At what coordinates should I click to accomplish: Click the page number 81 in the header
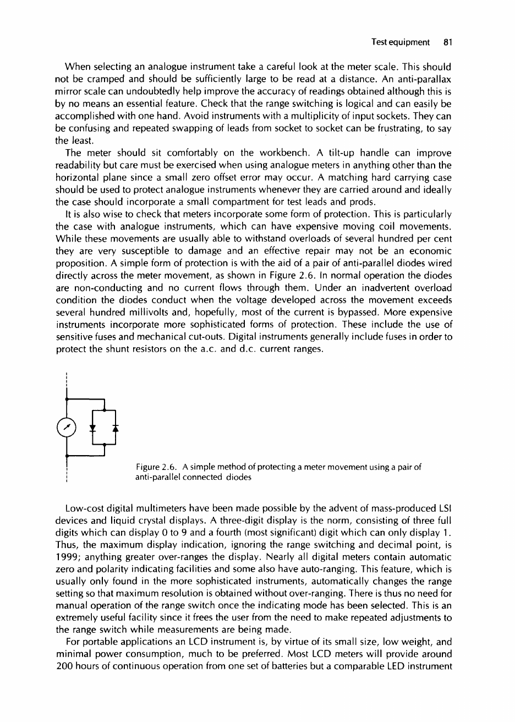(x=446, y=42)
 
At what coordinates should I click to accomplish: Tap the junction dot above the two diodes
(x=105, y=408)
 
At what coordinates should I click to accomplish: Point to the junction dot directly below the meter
(x=66, y=455)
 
